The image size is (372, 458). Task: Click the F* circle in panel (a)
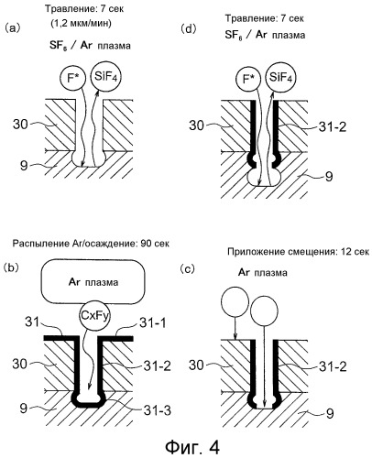[72, 79]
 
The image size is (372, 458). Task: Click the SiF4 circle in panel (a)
[105, 76]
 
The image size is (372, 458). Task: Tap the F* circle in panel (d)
[247, 80]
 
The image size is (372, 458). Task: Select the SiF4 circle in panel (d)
[280, 77]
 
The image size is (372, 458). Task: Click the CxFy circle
[94, 316]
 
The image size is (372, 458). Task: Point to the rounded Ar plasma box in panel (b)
[93, 281]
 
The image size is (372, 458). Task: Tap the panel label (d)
[188, 29]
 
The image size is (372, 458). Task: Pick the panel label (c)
[187, 268]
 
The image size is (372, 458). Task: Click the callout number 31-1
[153, 322]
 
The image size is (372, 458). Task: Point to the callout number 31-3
[157, 410]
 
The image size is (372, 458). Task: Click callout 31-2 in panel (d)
[333, 126]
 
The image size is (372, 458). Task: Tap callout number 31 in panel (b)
[32, 322]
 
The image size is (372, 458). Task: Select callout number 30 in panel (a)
[20, 125]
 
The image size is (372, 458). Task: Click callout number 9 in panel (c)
[330, 414]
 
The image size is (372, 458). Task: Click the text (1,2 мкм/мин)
[81, 23]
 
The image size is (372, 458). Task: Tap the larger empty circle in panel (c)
[264, 311]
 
